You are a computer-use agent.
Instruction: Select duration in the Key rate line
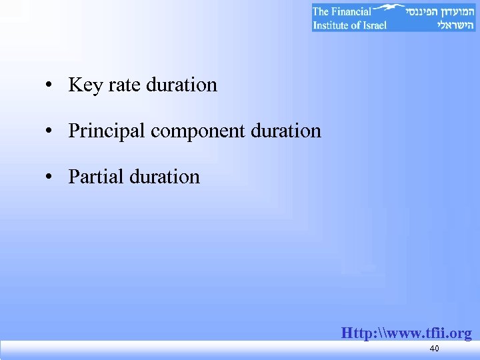point(181,85)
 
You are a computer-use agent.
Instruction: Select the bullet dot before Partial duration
point(50,177)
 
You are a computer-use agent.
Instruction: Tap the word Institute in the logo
point(334,25)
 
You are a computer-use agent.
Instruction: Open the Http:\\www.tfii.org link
point(406,333)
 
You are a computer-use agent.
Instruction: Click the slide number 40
point(434,349)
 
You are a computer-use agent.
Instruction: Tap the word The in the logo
point(321,11)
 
